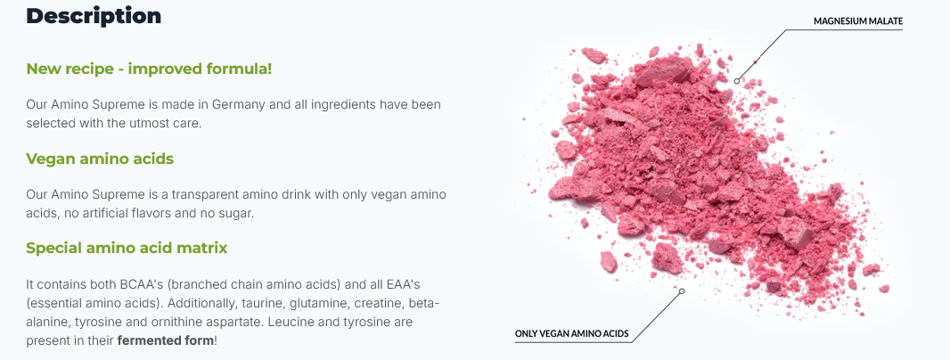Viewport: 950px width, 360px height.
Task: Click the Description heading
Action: click(x=94, y=16)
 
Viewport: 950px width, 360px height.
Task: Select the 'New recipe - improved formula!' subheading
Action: click(x=149, y=69)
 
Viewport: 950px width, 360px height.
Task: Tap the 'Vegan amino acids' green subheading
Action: click(x=100, y=159)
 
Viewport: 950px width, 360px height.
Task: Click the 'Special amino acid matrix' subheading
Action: click(x=127, y=248)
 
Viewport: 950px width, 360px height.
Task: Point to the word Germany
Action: click(x=238, y=105)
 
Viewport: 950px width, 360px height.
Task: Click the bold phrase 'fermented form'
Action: click(x=166, y=340)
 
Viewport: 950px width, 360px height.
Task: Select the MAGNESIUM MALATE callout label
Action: click(x=858, y=21)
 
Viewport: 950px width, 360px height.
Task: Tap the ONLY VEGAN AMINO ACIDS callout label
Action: click(x=571, y=333)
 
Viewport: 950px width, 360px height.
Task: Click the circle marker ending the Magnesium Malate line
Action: click(x=737, y=80)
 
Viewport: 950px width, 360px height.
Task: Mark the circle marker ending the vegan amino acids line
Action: click(x=682, y=290)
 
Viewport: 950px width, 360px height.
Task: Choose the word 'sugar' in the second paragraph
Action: click(x=198, y=215)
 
